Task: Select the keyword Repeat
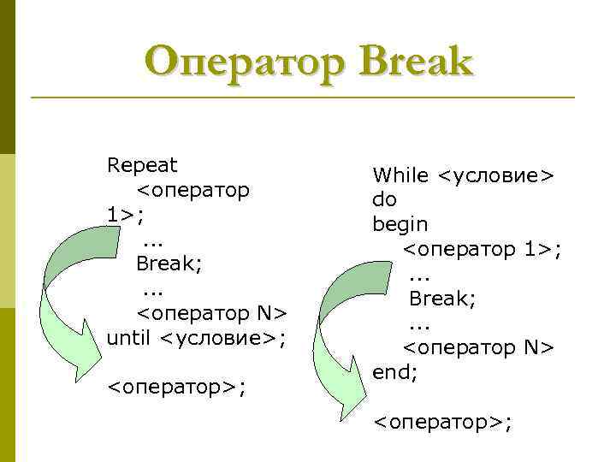coord(142,164)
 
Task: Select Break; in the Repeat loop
coord(169,264)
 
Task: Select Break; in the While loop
coord(442,299)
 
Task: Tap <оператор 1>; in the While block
coord(482,249)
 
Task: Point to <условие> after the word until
coord(222,338)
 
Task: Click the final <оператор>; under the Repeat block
coord(175,388)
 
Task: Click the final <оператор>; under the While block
coord(443,422)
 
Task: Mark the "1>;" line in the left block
coord(126,214)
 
